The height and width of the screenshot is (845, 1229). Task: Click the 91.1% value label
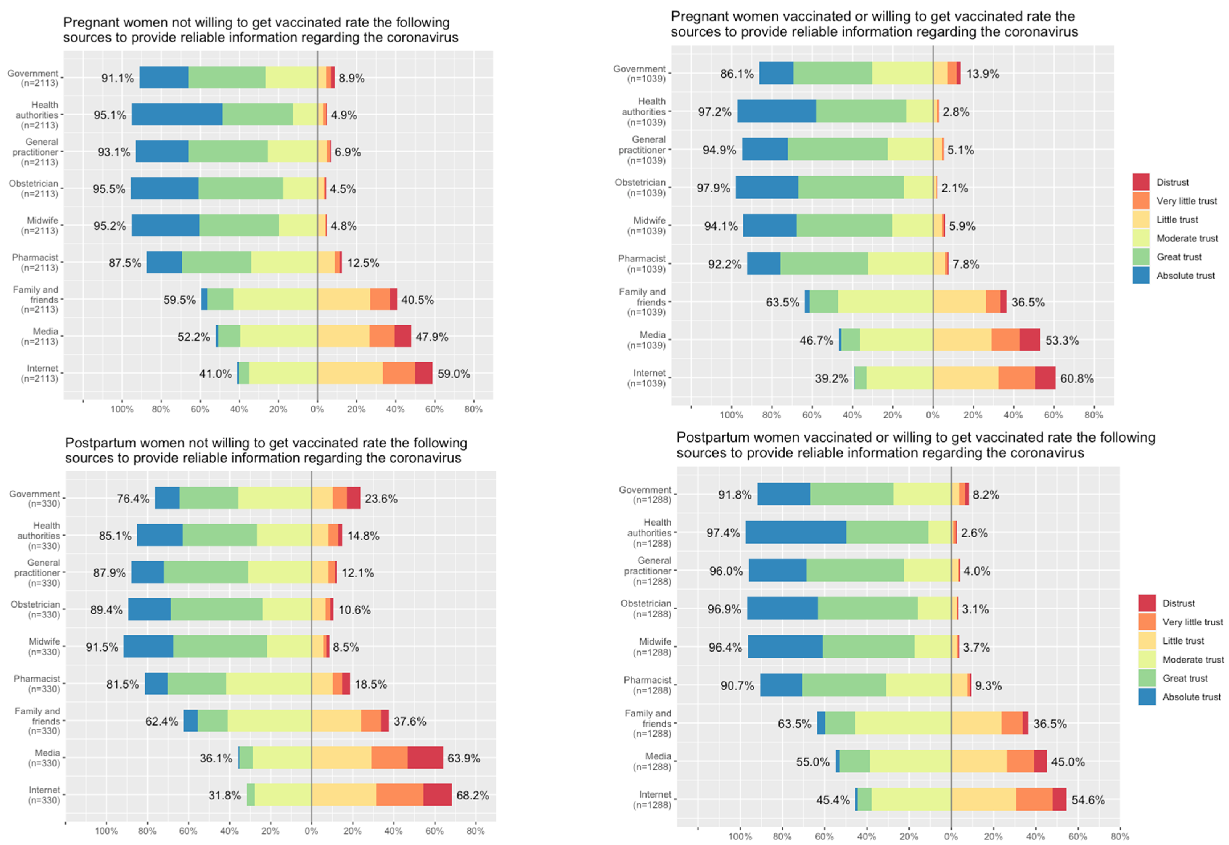(x=118, y=78)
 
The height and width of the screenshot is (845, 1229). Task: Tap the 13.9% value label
(x=983, y=74)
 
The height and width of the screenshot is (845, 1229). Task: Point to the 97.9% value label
(x=713, y=188)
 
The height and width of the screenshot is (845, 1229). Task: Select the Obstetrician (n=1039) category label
(x=640, y=188)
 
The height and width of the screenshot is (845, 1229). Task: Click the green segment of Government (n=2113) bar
(x=227, y=78)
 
